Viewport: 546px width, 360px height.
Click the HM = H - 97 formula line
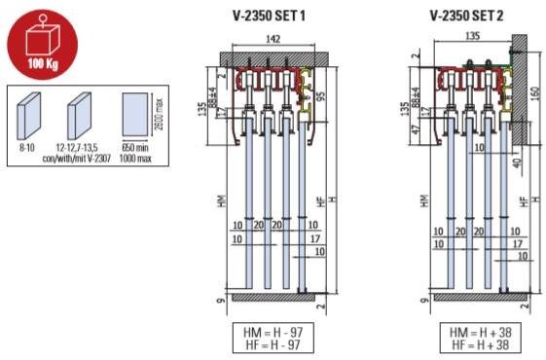coord(266,333)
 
